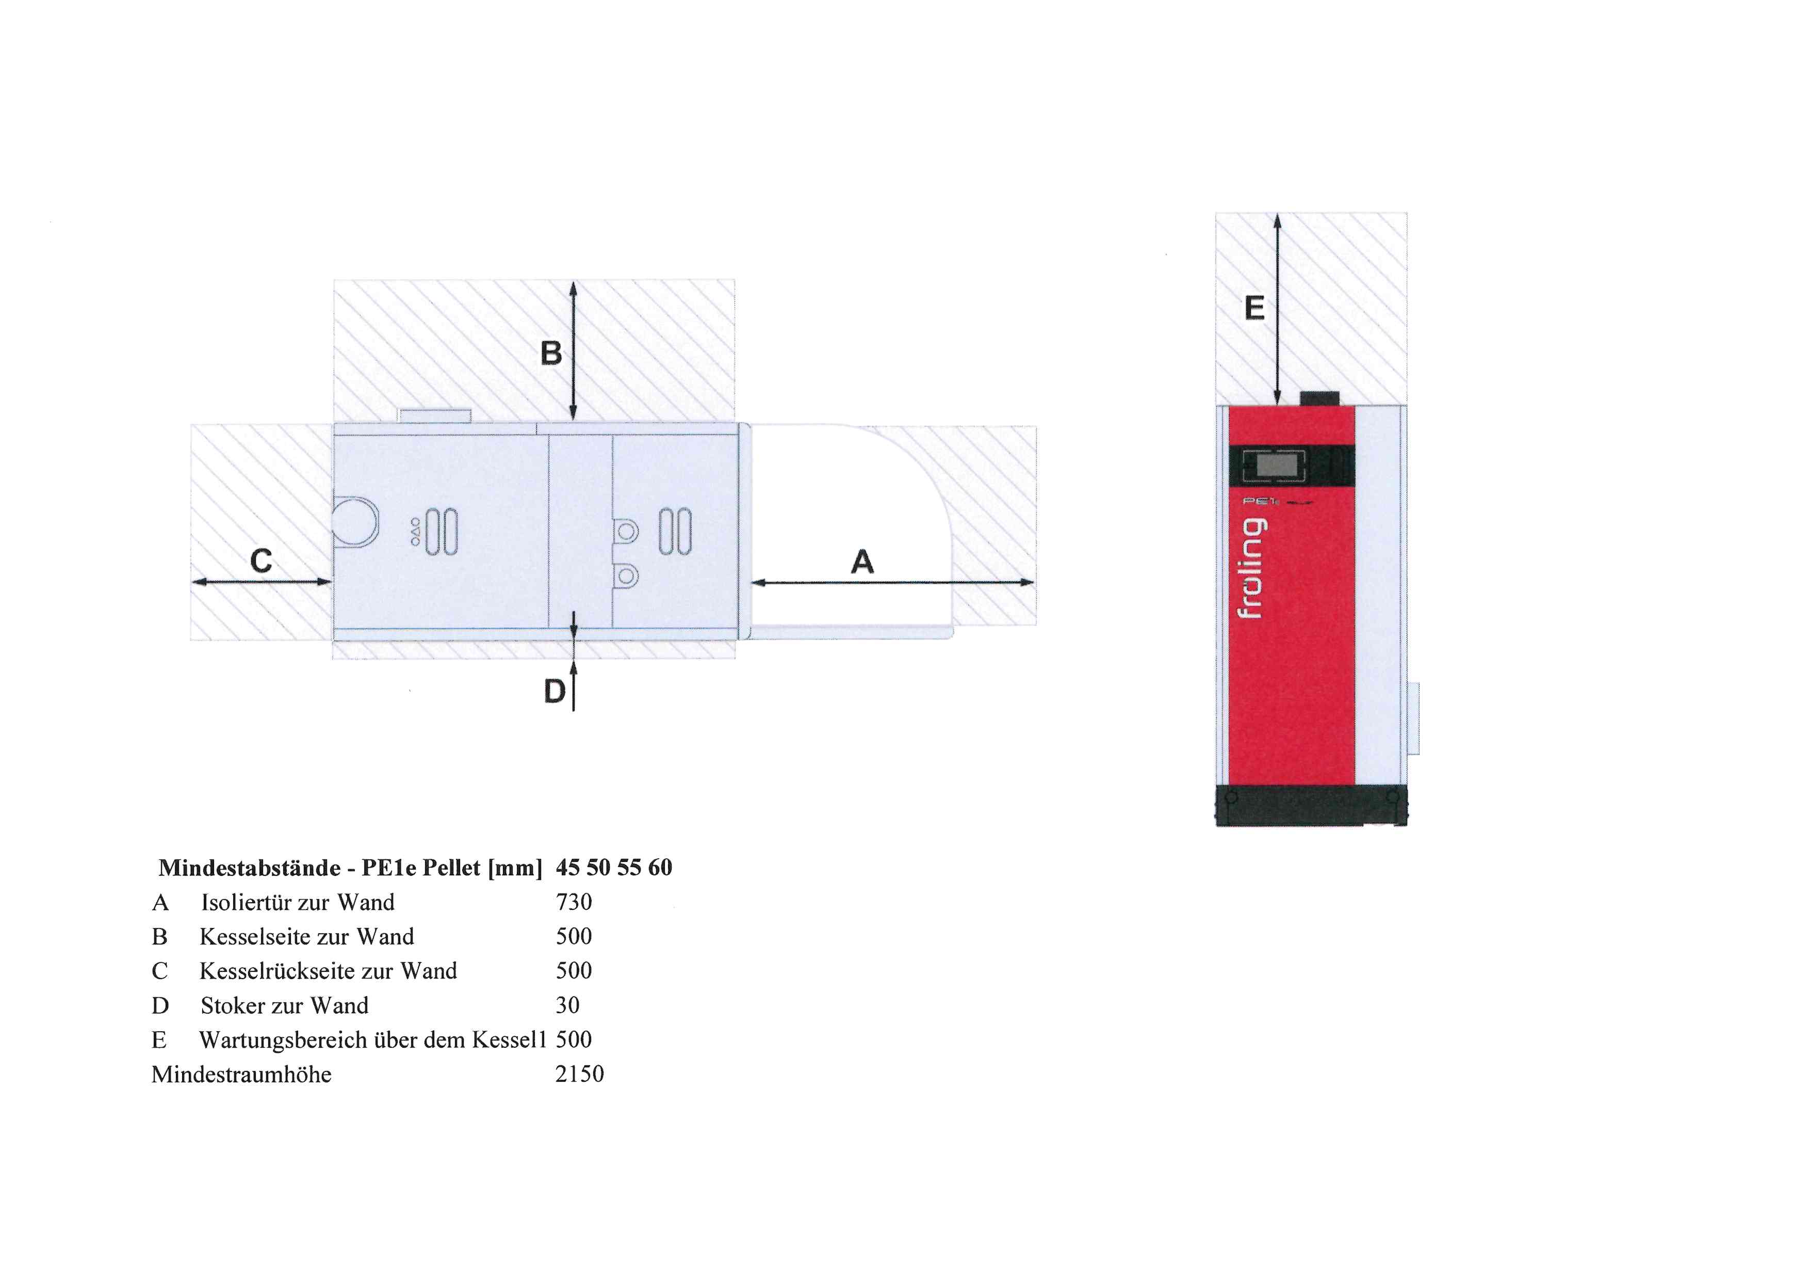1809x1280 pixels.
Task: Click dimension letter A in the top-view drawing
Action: [x=863, y=562]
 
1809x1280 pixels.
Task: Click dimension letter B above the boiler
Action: [x=551, y=353]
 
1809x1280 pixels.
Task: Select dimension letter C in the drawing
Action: [x=261, y=561]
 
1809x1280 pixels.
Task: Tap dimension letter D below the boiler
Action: [x=555, y=692]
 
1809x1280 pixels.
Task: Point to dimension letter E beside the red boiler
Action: [x=1254, y=308]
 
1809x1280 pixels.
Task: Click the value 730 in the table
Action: [x=574, y=903]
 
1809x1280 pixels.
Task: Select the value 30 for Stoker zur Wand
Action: [x=567, y=1006]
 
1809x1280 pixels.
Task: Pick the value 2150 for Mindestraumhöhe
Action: [x=579, y=1074]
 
